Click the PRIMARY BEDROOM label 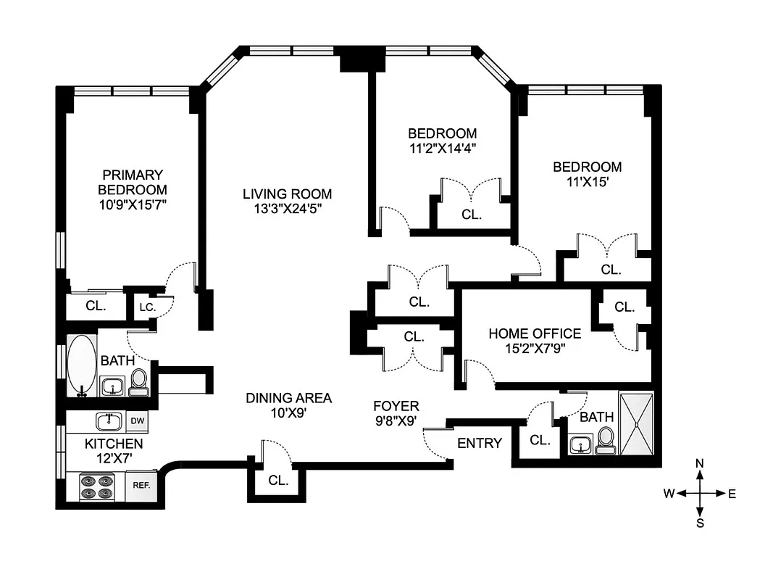133,182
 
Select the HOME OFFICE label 535,333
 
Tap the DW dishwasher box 136,420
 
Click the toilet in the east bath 605,441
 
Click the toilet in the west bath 138,382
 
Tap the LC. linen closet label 146,307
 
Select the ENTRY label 479,443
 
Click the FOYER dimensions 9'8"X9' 396,420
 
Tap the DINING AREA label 288,397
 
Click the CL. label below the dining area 278,480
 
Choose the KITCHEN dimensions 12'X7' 114,458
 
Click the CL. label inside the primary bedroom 96,306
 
